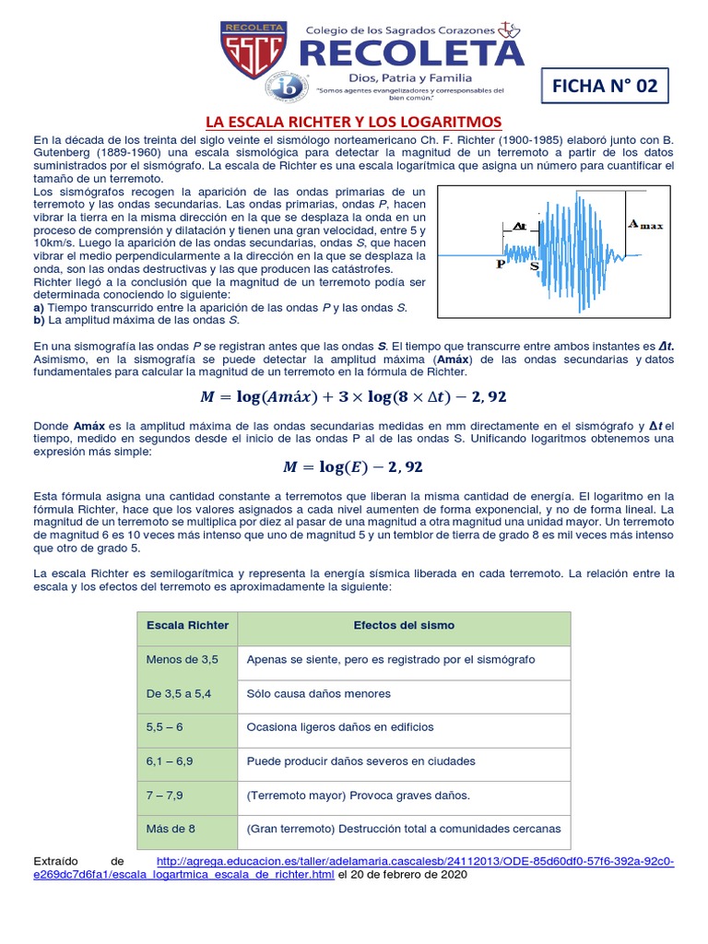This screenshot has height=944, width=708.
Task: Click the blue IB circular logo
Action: (283, 88)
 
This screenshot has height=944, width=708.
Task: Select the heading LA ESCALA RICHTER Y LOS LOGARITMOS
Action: (353, 122)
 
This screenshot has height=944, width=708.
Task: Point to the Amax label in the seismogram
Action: (644, 223)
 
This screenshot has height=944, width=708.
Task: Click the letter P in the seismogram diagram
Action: (501, 263)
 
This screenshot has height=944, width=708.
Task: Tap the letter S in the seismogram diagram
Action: (535, 265)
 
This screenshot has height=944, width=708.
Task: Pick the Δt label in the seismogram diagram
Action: (518, 225)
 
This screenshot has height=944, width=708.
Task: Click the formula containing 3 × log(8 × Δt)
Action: (353, 396)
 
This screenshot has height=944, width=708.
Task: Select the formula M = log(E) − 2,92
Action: (353, 466)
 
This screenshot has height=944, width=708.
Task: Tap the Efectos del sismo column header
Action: (404, 625)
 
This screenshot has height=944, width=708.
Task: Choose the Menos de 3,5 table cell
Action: (183, 660)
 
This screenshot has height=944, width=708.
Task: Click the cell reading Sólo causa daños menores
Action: (319, 693)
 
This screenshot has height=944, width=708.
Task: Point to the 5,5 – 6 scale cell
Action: (165, 726)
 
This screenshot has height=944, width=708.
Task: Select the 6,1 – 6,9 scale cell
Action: (171, 761)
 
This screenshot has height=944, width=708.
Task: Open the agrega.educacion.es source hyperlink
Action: (415, 861)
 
